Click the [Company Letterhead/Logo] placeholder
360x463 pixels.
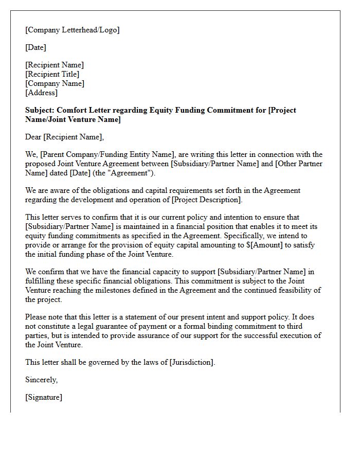(x=72, y=30)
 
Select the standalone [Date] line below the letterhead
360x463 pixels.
(x=35, y=47)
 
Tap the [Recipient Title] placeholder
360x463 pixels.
(x=52, y=74)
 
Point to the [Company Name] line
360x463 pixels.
(x=55, y=83)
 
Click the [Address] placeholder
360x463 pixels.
(x=41, y=93)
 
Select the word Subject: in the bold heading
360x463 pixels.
(x=40, y=110)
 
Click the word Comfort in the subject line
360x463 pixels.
(x=72, y=110)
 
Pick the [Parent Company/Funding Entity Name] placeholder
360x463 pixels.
(x=106, y=154)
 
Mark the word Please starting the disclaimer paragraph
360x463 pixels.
(x=37, y=317)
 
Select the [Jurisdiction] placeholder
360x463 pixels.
(x=191, y=362)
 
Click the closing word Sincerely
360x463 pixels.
(x=42, y=380)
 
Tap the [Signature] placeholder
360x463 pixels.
(x=43, y=397)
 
